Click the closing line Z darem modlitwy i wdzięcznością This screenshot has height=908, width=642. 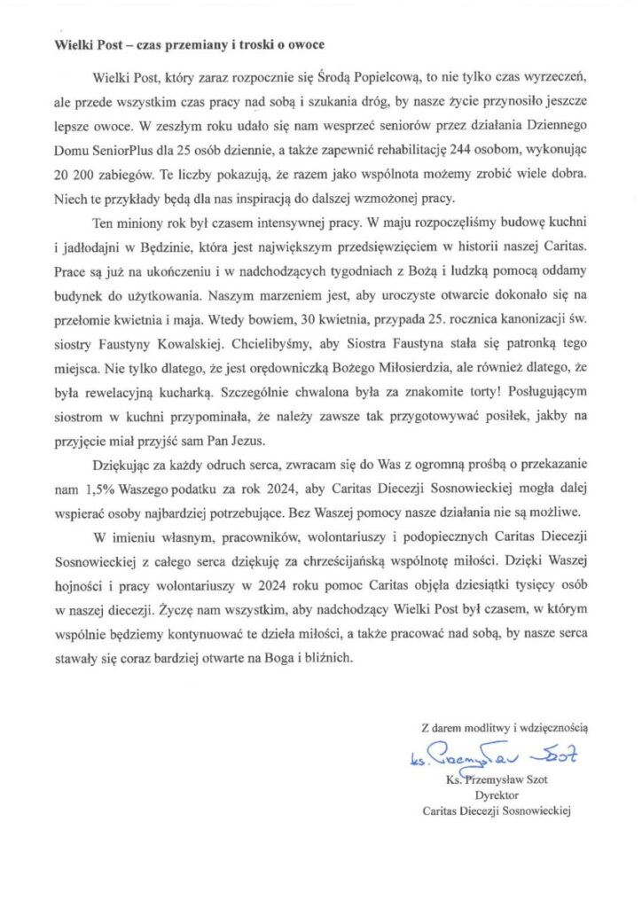505,727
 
